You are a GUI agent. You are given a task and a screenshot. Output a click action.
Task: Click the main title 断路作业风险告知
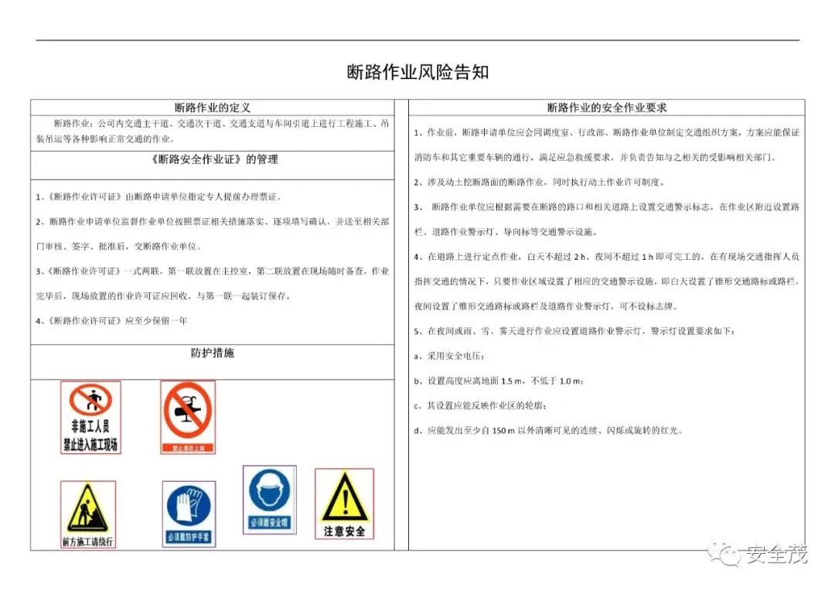coord(417,73)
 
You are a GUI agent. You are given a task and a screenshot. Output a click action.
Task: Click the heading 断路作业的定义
coord(213,108)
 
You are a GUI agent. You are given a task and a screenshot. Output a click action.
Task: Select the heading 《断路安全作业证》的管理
coord(212,160)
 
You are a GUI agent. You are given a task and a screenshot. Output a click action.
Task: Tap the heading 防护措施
coord(212,353)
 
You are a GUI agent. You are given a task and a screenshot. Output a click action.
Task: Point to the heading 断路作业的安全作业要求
coord(606,108)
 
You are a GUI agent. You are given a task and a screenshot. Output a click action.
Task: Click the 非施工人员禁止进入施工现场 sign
coord(91,417)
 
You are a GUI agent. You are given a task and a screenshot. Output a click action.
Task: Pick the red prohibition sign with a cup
coord(188,417)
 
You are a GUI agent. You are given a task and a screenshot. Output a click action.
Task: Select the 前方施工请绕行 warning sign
coord(88,514)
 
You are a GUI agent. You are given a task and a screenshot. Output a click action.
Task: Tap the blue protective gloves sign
coord(189,514)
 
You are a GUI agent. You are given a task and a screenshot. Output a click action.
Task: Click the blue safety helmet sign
coord(269,499)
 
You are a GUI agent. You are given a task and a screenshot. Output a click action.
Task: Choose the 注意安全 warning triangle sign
coord(344,504)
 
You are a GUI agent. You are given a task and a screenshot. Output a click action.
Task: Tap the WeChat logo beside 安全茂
coord(728,554)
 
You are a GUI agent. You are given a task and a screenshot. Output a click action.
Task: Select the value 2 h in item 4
coord(576,256)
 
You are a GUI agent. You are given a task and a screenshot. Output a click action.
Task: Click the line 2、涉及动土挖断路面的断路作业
coord(539,182)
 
